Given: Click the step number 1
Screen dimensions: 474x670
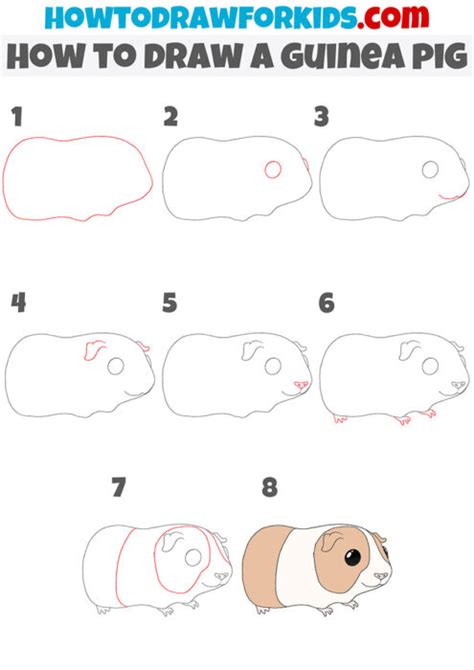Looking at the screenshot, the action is (17, 117).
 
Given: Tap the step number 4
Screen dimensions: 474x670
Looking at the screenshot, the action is (18, 302).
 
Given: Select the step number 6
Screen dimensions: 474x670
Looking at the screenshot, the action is (327, 303).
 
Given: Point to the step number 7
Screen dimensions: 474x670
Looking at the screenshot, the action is (119, 488).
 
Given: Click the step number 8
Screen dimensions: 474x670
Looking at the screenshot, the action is (270, 488).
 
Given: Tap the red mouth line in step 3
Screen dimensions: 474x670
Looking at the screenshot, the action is (451, 197).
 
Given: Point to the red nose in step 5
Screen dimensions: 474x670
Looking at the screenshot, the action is (301, 385).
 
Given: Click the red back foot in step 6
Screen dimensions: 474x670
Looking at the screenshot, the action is (340, 418).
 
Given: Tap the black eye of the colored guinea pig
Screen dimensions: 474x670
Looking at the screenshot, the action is (353, 558).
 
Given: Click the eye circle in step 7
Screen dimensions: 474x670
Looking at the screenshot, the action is (193, 557).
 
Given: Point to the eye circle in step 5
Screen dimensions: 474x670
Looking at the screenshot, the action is (273, 366).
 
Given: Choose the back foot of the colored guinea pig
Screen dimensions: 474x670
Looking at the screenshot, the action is (263, 609).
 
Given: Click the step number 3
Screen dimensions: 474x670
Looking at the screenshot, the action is (321, 117).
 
